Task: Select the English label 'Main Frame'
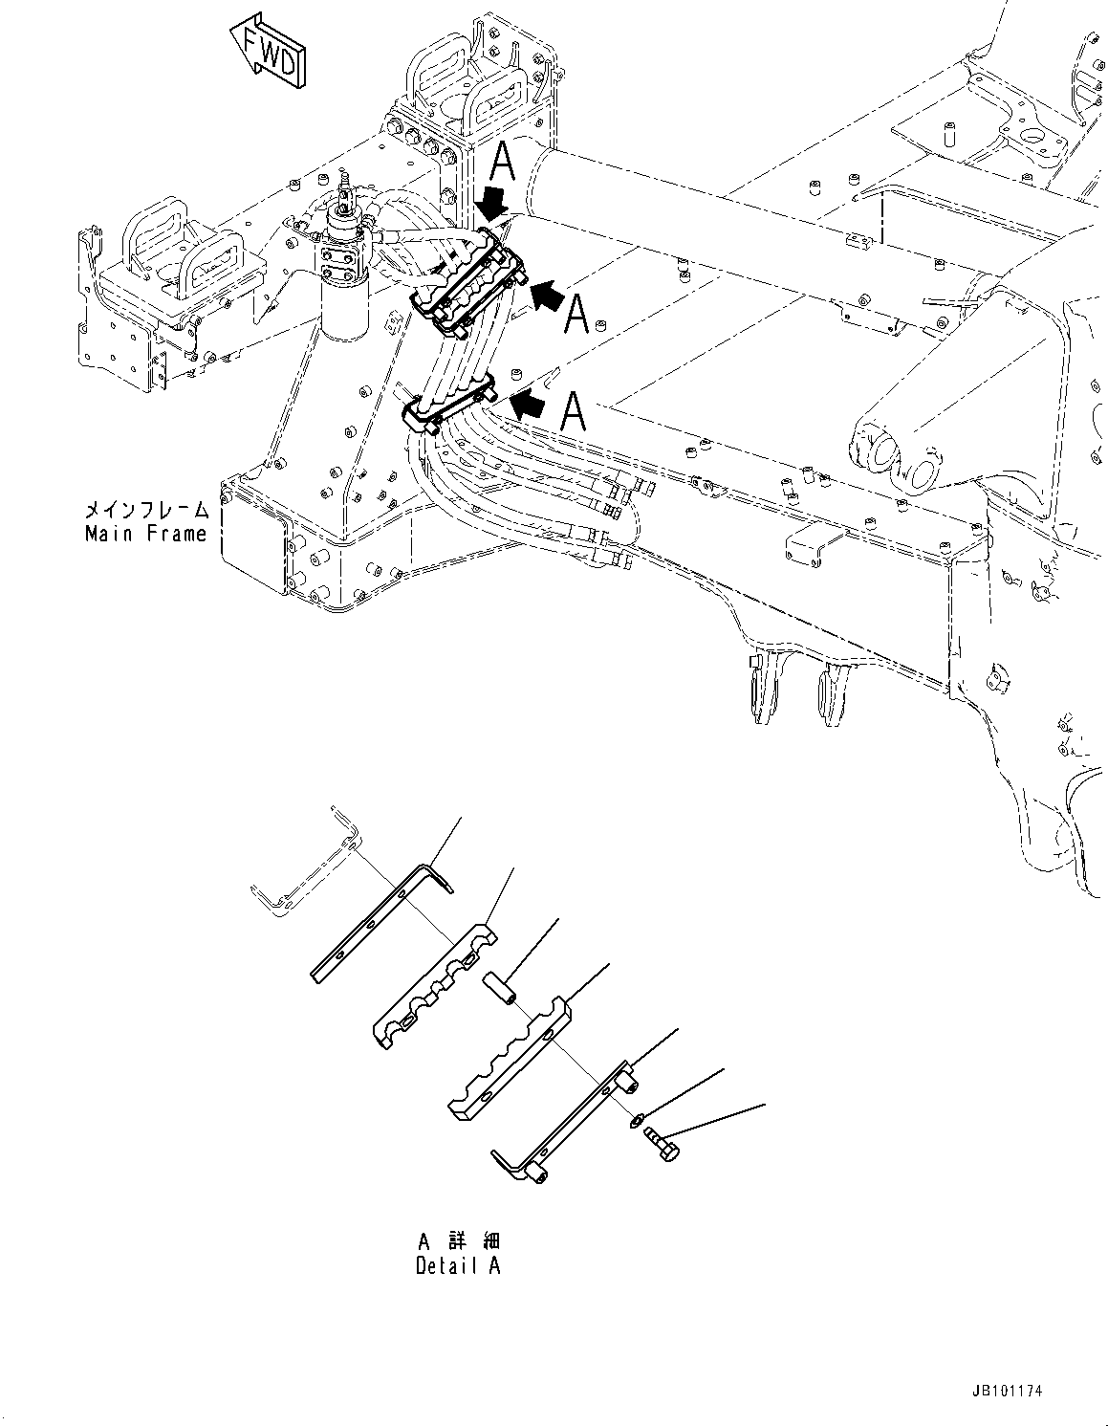[x=145, y=534]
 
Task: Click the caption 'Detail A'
[x=457, y=1265]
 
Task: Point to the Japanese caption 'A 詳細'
[x=458, y=1241]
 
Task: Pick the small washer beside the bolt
[x=638, y=1120]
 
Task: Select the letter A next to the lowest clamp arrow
[x=573, y=411]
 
